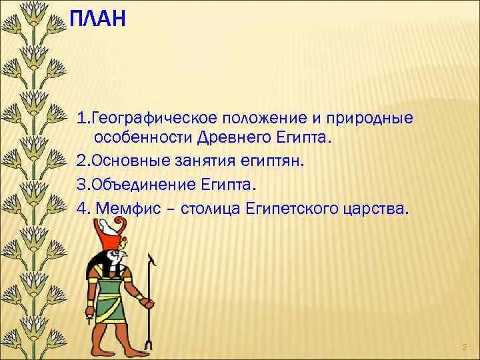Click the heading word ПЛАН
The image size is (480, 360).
coord(97,19)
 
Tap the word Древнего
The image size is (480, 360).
coord(235,138)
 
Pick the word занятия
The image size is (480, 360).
coord(205,161)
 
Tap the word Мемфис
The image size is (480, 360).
coord(128,209)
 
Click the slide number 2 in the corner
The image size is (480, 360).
coord(465,347)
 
